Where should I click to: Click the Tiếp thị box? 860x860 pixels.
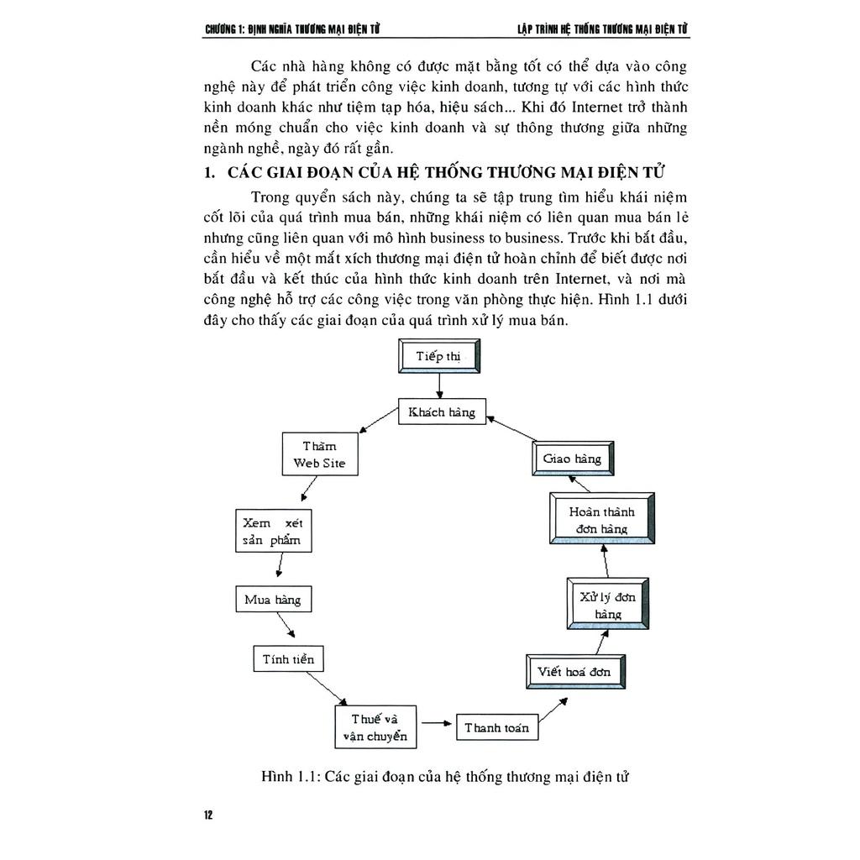click(438, 355)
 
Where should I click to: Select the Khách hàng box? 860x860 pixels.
click(442, 412)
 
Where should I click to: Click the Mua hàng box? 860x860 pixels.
click(272, 600)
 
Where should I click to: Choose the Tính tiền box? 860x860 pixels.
click(288, 658)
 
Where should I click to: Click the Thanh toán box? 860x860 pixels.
click(497, 727)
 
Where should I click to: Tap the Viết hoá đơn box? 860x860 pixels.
click(574, 672)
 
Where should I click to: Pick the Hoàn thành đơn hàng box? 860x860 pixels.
click(601, 520)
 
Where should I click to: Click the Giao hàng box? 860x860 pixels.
click(572, 459)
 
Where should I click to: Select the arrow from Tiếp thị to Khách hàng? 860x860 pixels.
click(438, 384)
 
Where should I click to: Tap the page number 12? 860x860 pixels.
click(208, 815)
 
